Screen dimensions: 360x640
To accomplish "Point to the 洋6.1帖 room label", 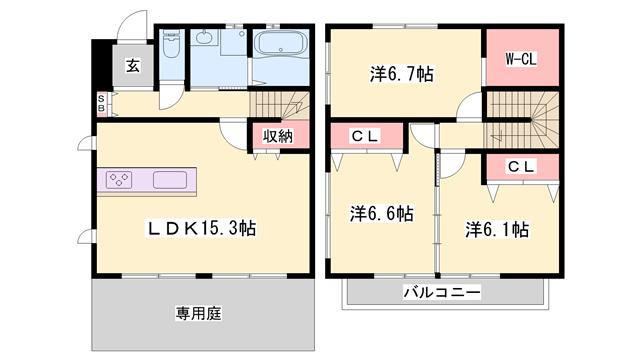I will tap(497, 229).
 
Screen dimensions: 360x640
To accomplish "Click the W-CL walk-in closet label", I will tap(520, 60).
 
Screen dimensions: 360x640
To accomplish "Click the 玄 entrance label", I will tap(132, 68).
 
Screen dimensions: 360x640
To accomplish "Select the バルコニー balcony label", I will tap(442, 292).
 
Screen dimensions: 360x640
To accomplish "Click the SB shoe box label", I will tap(101, 103).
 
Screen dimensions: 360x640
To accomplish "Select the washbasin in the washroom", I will tap(205, 39).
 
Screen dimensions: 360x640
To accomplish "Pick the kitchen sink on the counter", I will tap(169, 181).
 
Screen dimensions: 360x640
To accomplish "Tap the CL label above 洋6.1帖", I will tap(520, 167).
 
